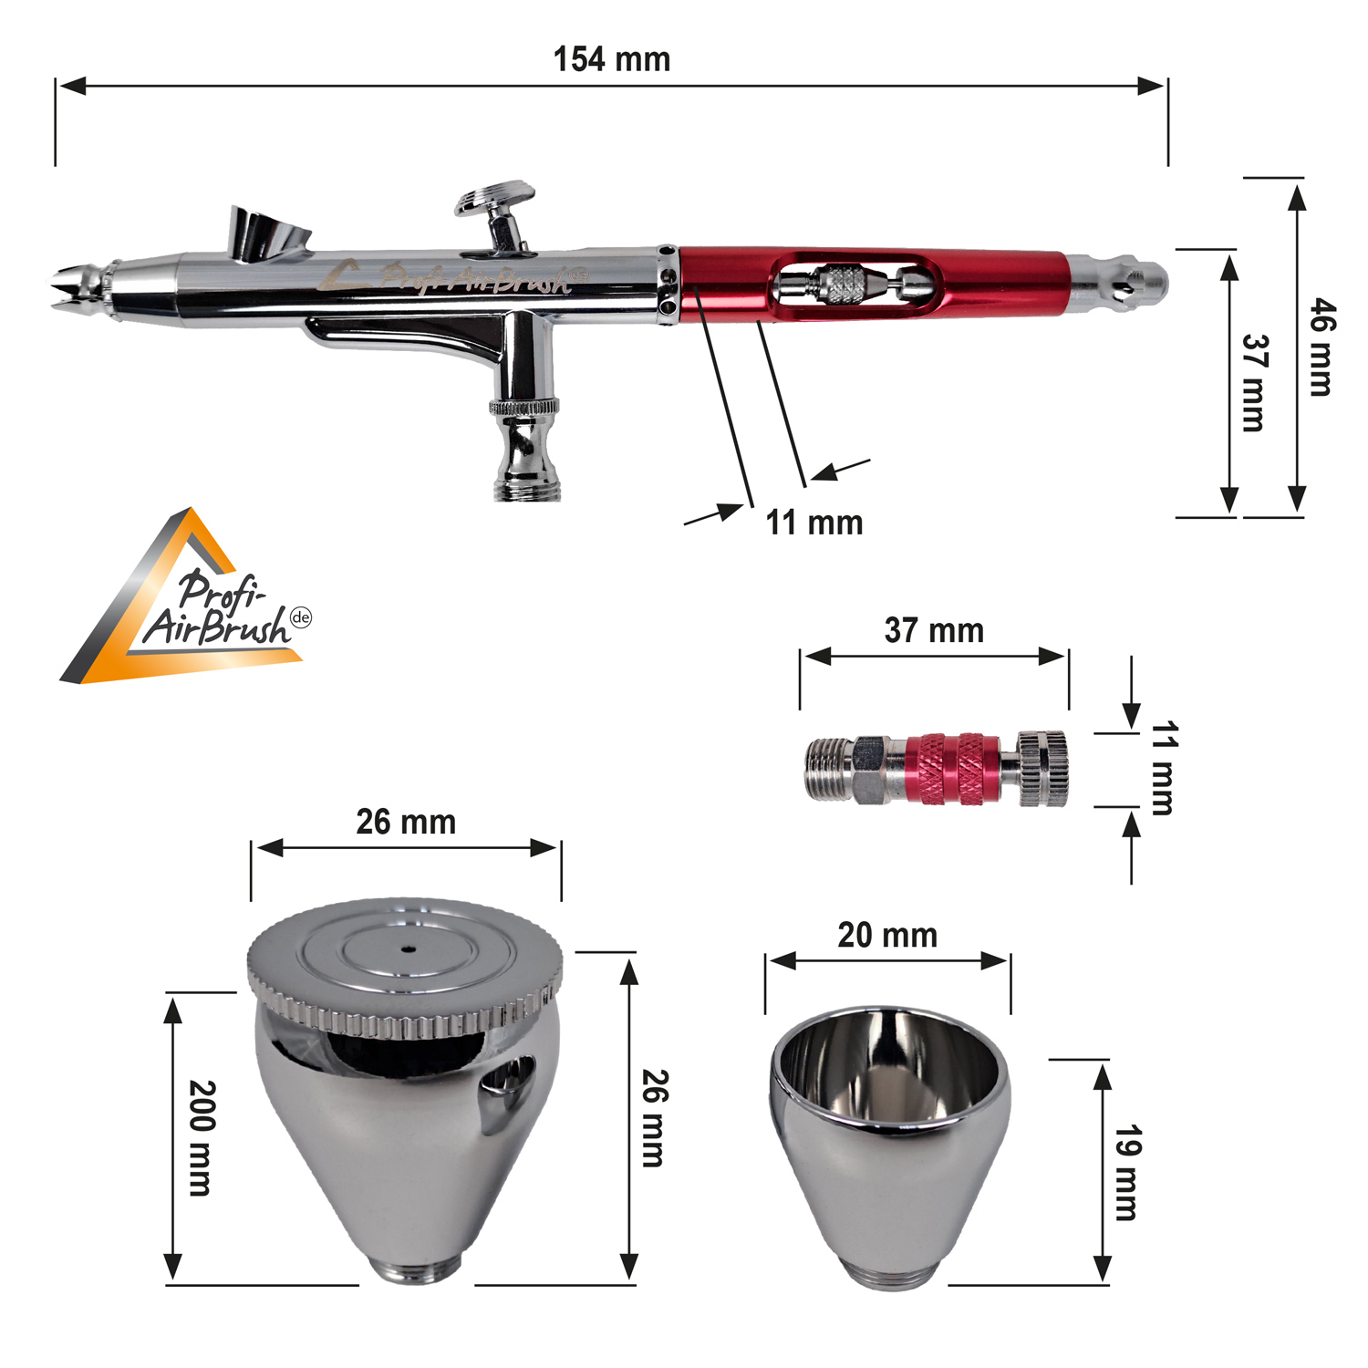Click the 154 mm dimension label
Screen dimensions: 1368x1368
tap(612, 59)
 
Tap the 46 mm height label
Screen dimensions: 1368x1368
tap(1321, 347)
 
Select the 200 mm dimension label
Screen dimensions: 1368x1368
tap(202, 1137)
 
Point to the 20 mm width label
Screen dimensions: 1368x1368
tap(887, 935)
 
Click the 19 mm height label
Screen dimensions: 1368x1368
tap(1128, 1173)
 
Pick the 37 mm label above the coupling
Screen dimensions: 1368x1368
tap(934, 630)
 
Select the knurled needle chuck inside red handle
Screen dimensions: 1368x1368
tap(839, 285)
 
